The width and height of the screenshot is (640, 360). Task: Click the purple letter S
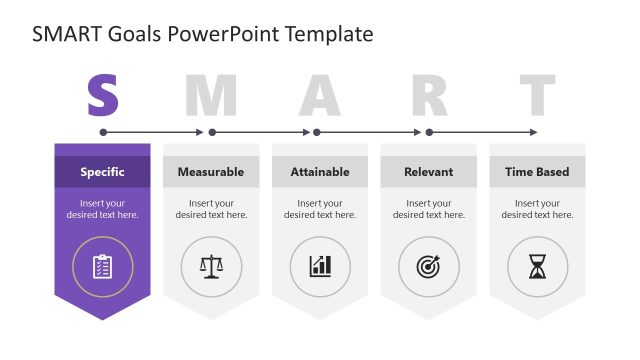pos(103,95)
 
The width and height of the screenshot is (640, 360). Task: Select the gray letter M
pos(212,95)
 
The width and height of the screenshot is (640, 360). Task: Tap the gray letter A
pos(320,95)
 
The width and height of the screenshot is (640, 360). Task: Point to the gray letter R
pos(429,95)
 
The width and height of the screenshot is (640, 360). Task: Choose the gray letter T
pos(537,95)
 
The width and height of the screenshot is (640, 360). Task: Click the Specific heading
pos(102,172)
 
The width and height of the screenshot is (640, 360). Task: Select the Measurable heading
pos(211,172)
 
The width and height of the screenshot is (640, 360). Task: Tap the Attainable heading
pos(320,172)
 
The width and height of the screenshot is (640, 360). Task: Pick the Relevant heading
pos(428,172)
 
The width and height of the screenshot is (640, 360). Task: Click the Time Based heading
pos(537,172)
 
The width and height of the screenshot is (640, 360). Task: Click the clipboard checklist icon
pos(102,266)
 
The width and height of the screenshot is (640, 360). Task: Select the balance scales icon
pos(211,266)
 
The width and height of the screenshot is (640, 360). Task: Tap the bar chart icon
pos(320,266)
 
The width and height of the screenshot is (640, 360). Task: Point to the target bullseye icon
pos(428,266)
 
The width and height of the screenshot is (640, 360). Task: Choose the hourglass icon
pos(537,266)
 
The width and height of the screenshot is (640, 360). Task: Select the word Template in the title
pos(329,34)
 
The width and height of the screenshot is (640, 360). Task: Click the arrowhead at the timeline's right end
pos(534,132)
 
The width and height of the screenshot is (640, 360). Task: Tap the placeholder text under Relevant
pos(428,209)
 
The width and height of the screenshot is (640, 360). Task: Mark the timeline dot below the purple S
pos(103,132)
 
